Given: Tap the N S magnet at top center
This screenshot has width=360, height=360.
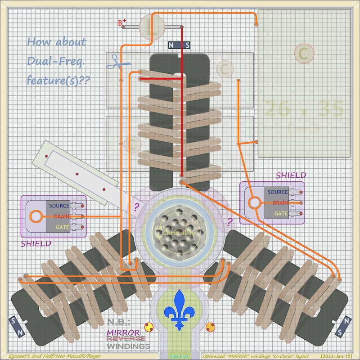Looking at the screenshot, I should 179,45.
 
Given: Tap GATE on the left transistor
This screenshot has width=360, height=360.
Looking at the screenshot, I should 62,227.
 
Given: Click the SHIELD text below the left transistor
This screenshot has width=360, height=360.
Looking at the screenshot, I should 36,243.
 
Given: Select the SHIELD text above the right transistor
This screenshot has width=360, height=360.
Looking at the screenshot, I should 291,175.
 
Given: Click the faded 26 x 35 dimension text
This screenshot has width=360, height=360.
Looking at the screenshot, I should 304,109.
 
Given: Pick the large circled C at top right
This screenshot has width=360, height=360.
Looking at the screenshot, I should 303,54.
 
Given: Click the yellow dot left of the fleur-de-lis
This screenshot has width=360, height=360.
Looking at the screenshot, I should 148,326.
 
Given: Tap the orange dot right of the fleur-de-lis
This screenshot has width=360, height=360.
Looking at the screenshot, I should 210,327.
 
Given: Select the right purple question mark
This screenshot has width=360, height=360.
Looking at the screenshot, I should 230,222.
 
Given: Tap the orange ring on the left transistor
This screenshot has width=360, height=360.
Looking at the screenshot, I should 35,216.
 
